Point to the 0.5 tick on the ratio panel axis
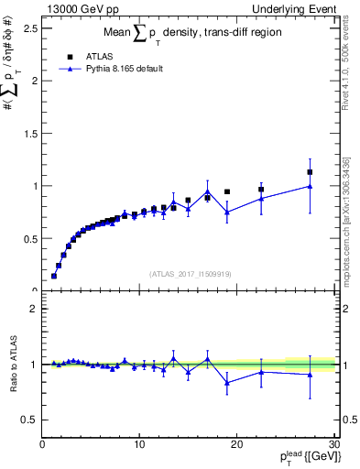tap(30, 420)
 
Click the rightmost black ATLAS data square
tap(310, 172)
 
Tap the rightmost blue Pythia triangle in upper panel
tap(310, 186)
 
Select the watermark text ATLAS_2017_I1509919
tap(190, 273)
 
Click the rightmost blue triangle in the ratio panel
tap(310, 374)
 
